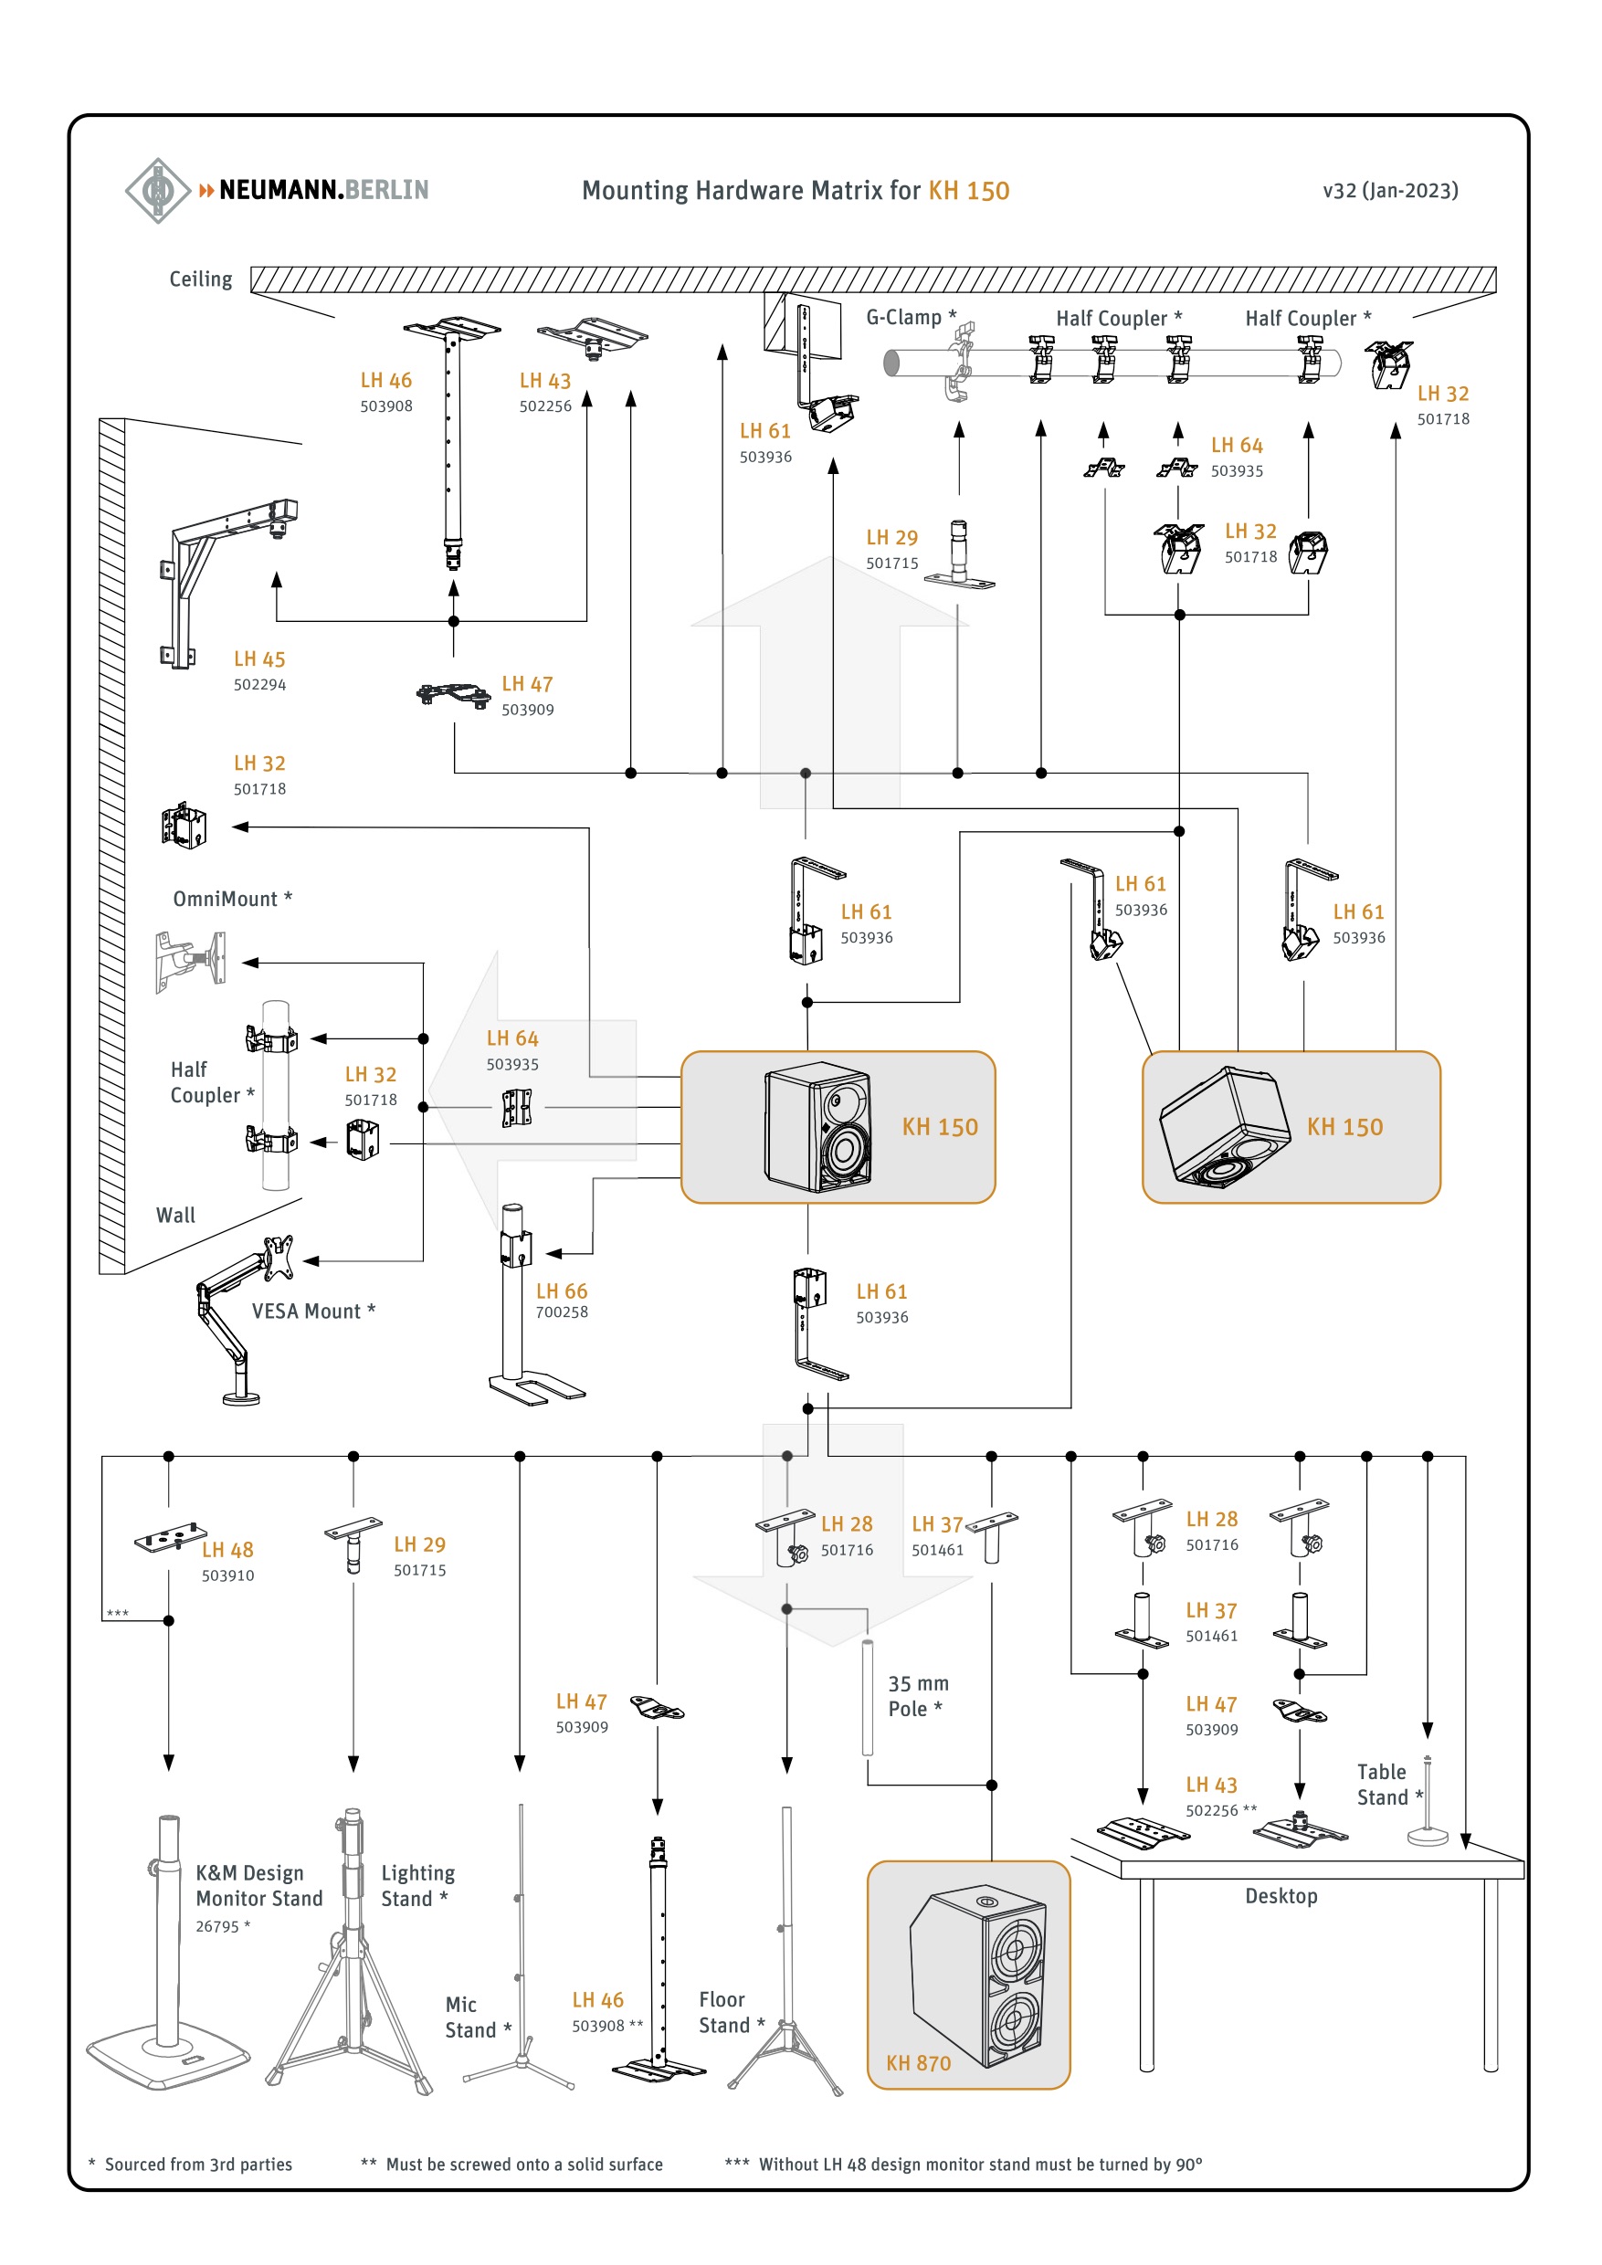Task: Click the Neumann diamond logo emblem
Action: pyautogui.click(x=158, y=190)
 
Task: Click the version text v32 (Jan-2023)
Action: pyautogui.click(x=1390, y=190)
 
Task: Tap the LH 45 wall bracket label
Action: pyautogui.click(x=259, y=659)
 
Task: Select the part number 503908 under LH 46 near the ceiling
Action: pyautogui.click(x=386, y=406)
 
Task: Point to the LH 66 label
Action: pyautogui.click(x=562, y=1291)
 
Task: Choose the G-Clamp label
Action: pyautogui.click(x=911, y=318)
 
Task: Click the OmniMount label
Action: pyautogui.click(x=233, y=899)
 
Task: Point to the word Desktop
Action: pyautogui.click(x=1281, y=1896)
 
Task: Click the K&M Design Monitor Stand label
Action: pyautogui.click(x=259, y=1885)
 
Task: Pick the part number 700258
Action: pyautogui.click(x=562, y=1312)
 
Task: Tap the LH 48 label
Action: pyautogui.click(x=227, y=1550)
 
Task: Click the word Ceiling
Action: pyautogui.click(x=201, y=279)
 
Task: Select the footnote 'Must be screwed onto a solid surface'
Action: pyautogui.click(x=524, y=2164)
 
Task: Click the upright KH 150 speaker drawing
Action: pyautogui.click(x=818, y=1127)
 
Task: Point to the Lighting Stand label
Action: pyautogui.click(x=418, y=1885)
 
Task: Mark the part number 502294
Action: pyautogui.click(x=259, y=685)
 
